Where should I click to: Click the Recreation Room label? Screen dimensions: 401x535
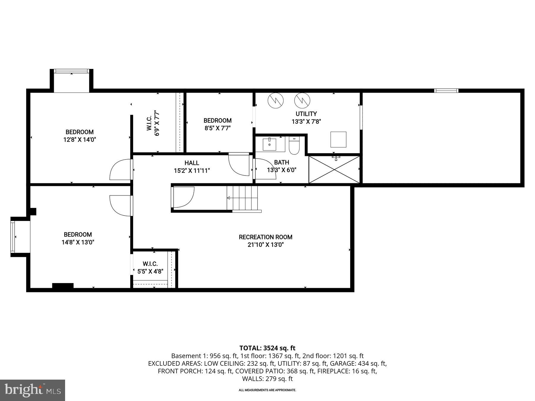click(265, 237)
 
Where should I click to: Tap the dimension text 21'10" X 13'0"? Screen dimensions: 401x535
click(265, 245)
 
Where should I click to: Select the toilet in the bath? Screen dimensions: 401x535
click(294, 146)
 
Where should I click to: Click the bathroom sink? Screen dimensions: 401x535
click(270, 145)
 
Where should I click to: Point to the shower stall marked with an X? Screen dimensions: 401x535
click(334, 170)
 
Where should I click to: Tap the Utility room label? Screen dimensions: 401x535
click(306, 114)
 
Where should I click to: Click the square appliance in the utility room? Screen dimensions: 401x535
click(338, 139)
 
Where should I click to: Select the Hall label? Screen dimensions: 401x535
click(192, 163)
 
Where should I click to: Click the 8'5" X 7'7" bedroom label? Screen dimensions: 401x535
click(218, 121)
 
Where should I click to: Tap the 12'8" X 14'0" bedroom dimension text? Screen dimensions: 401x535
click(79, 140)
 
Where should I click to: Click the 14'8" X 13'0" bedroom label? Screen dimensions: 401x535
click(78, 234)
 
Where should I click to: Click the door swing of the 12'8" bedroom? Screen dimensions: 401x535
click(120, 170)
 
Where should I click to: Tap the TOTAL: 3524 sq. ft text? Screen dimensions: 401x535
click(267, 348)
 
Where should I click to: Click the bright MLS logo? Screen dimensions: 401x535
click(32, 390)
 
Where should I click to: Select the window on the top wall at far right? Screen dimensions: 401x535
click(446, 91)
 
